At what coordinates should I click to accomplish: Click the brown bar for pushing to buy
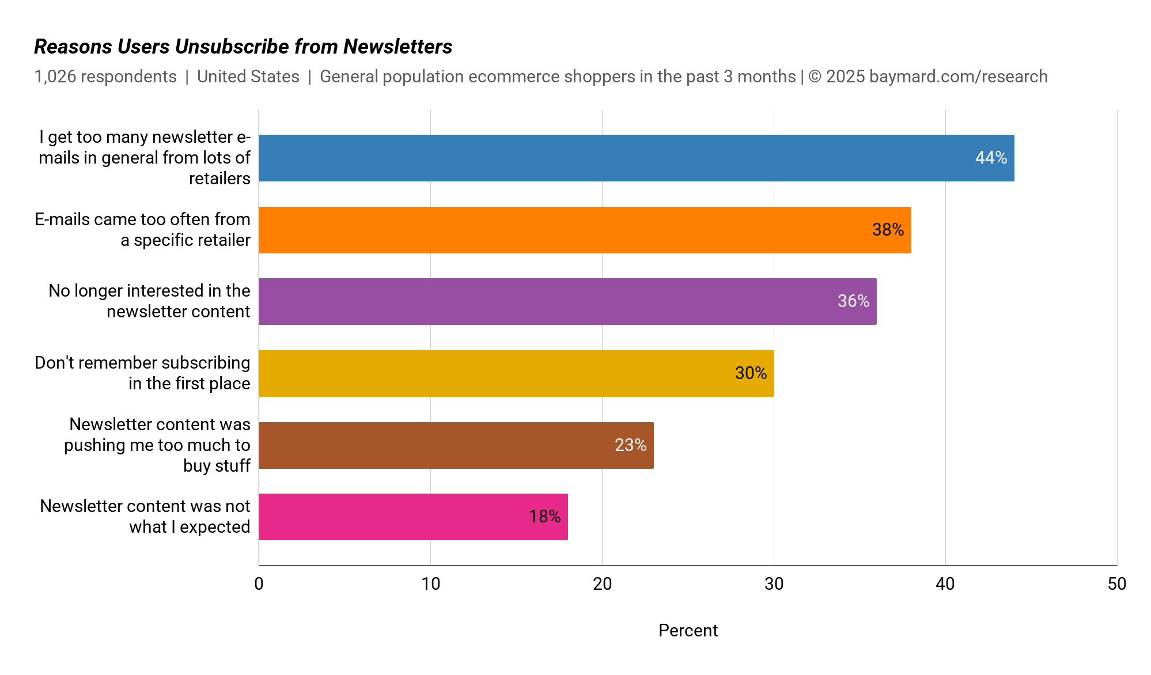click(456, 445)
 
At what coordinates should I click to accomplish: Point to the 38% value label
click(888, 230)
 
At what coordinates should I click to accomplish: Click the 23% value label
click(630, 445)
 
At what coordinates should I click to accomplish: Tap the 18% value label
click(544, 517)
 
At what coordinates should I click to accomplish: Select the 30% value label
click(751, 373)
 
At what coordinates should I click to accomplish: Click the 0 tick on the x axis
click(259, 584)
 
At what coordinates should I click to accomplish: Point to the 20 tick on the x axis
click(602, 584)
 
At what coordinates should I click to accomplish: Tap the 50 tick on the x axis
click(1116, 584)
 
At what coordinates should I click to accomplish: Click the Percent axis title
click(688, 631)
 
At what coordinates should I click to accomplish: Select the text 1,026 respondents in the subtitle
click(105, 77)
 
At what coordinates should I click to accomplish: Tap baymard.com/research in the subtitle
click(958, 77)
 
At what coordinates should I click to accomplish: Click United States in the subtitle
click(248, 77)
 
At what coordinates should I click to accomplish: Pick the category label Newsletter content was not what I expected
click(145, 517)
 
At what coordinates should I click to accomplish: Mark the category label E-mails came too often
click(142, 230)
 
